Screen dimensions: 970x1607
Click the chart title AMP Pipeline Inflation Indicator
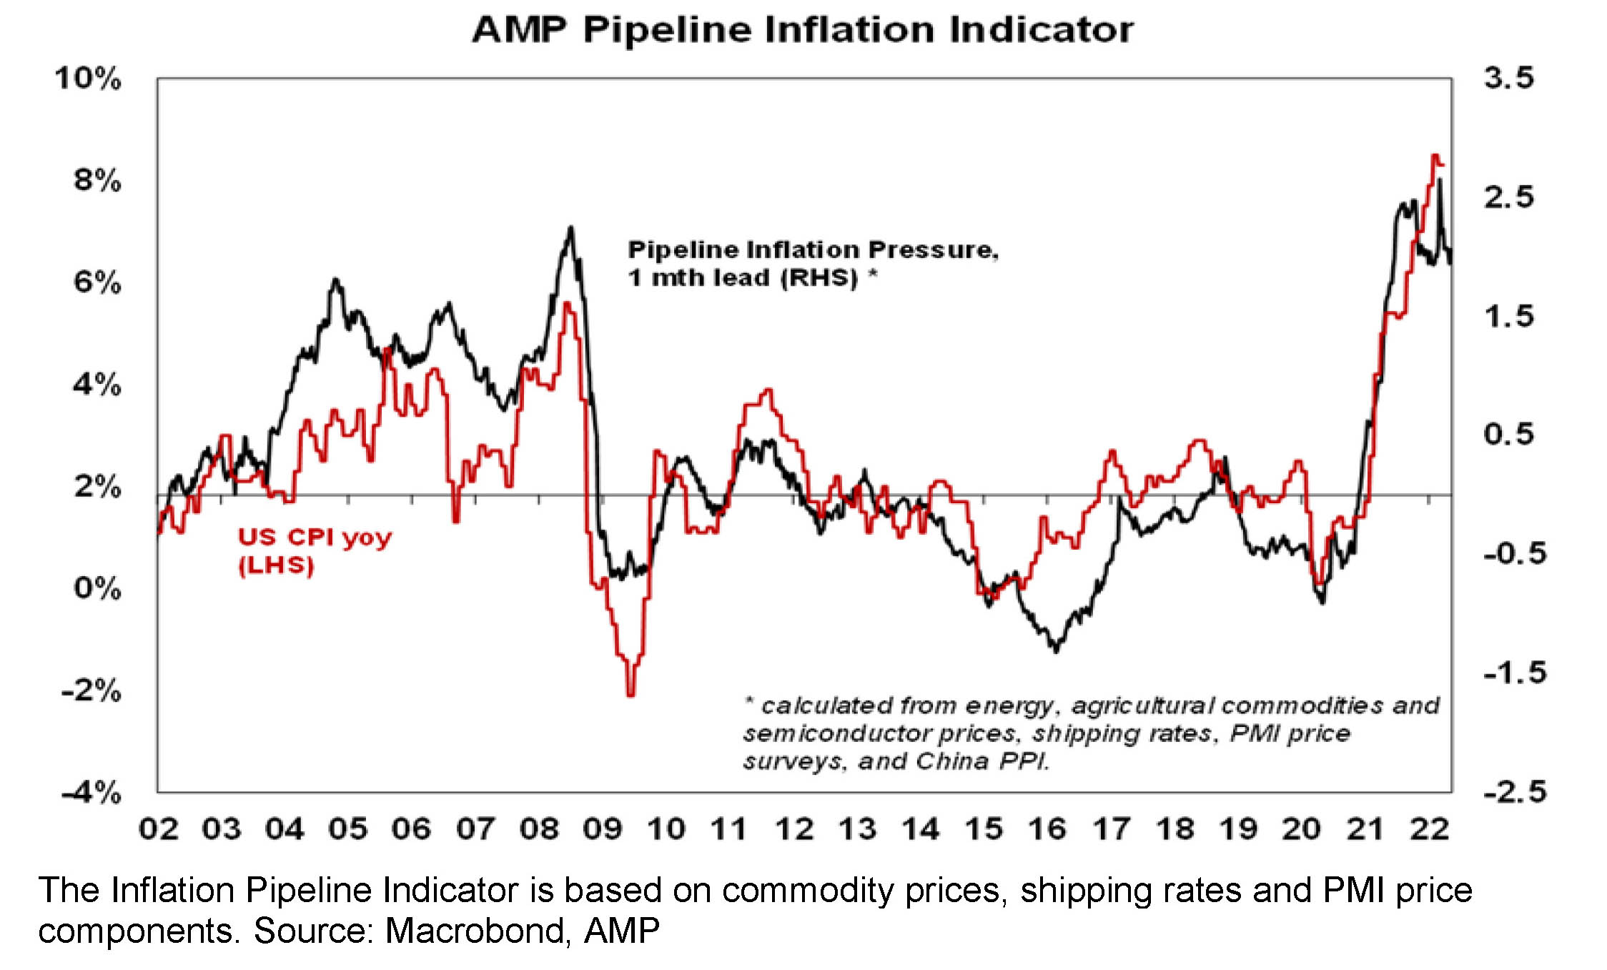click(802, 30)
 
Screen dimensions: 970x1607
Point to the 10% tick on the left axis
click(89, 78)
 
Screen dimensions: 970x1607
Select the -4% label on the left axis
click(92, 792)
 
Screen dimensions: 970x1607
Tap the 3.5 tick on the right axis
click(1508, 77)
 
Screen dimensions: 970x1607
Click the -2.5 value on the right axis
click(1514, 792)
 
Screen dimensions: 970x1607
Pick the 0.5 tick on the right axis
click(1508, 434)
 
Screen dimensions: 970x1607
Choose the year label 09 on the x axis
click(603, 829)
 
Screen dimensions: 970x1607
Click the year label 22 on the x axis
click(1429, 829)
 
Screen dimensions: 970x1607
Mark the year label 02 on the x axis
click(159, 829)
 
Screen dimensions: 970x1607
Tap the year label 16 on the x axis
click(1047, 829)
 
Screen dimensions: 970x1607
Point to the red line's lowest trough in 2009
click(631, 693)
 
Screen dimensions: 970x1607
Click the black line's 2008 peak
click(570, 228)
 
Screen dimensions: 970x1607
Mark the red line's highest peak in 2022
click(1434, 155)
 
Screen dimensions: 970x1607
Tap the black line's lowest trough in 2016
click(1056, 650)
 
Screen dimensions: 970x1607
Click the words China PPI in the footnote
click(983, 761)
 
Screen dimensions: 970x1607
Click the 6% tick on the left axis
click(97, 282)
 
